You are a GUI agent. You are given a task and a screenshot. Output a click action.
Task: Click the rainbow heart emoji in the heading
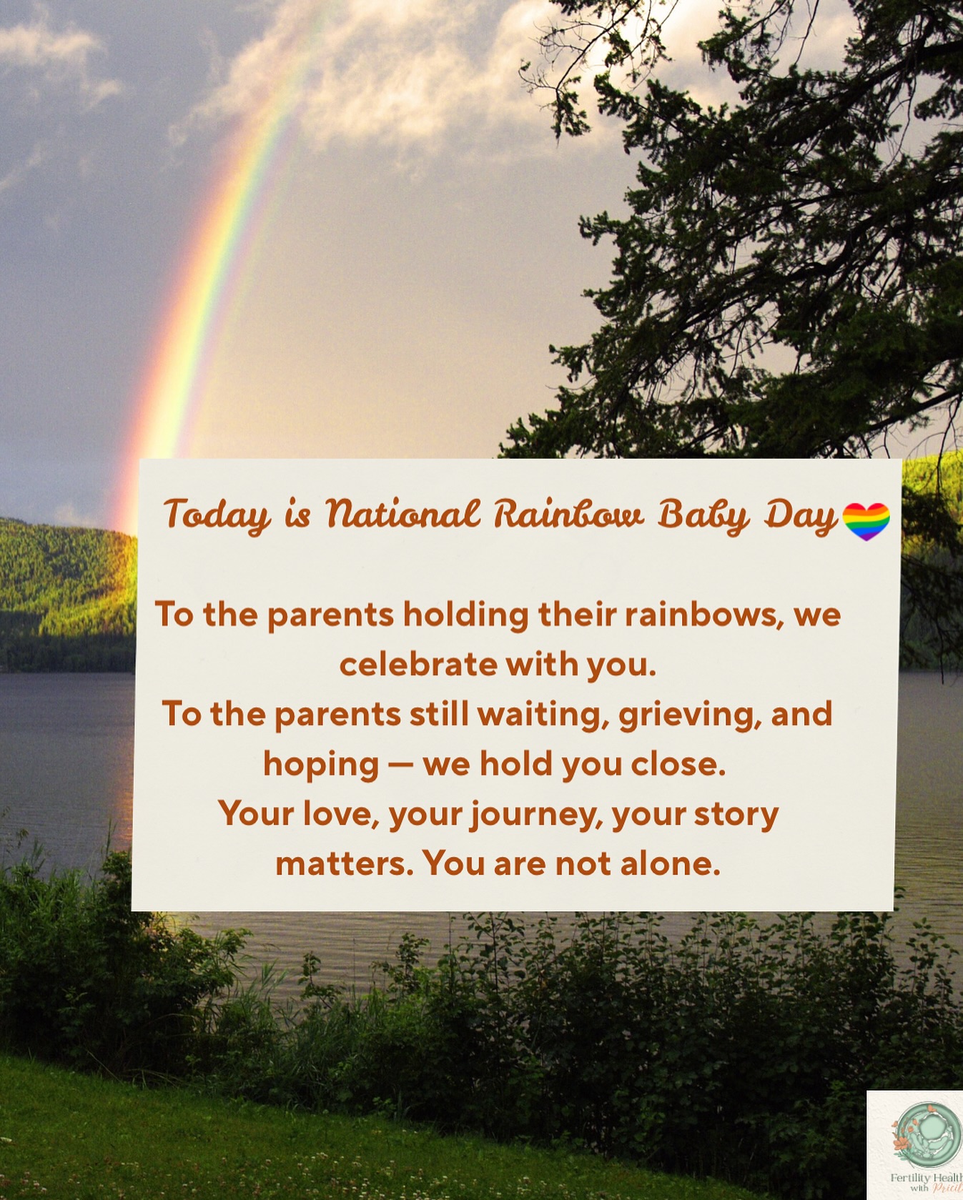pyautogui.click(x=866, y=520)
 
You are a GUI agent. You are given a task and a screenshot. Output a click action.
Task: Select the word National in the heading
pyautogui.click(x=403, y=514)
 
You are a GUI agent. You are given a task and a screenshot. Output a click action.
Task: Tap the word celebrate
pyautogui.click(x=418, y=665)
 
